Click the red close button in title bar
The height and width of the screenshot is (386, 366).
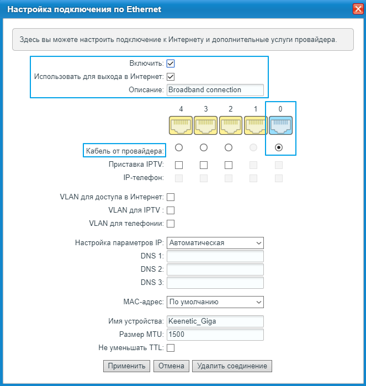[357, 9]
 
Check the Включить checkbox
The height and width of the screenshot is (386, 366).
[171, 64]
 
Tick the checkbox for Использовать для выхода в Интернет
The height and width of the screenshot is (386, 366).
[171, 77]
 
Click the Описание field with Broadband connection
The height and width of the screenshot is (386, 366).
[215, 89]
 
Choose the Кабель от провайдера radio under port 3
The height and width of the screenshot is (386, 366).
[204, 147]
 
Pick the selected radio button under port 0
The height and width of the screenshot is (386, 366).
[279, 147]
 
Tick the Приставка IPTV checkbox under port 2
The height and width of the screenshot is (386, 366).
[229, 165]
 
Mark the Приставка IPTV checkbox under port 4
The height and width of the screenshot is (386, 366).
[179, 165]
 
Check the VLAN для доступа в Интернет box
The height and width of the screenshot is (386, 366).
[171, 197]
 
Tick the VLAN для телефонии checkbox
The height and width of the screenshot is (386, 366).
[171, 224]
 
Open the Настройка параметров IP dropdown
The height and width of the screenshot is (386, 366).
[215, 243]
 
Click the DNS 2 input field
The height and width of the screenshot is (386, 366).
[215, 269]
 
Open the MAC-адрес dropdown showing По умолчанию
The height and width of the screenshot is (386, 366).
[215, 302]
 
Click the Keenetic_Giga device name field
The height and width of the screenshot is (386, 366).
[215, 321]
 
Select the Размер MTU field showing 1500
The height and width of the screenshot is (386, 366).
[215, 335]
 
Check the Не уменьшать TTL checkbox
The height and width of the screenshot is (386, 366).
[171, 348]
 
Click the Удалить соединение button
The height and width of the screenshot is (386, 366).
[232, 366]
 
